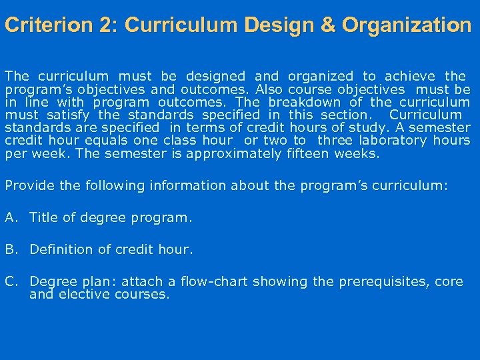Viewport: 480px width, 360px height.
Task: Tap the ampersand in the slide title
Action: [x=329, y=25]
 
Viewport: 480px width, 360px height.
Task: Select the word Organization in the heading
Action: [x=407, y=25]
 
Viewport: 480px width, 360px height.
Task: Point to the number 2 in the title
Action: [x=105, y=25]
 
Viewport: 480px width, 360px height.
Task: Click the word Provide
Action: [x=29, y=185]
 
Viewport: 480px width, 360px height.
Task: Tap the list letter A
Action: [x=10, y=217]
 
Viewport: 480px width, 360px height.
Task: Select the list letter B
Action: [x=10, y=249]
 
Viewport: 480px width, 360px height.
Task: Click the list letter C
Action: [x=10, y=281]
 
